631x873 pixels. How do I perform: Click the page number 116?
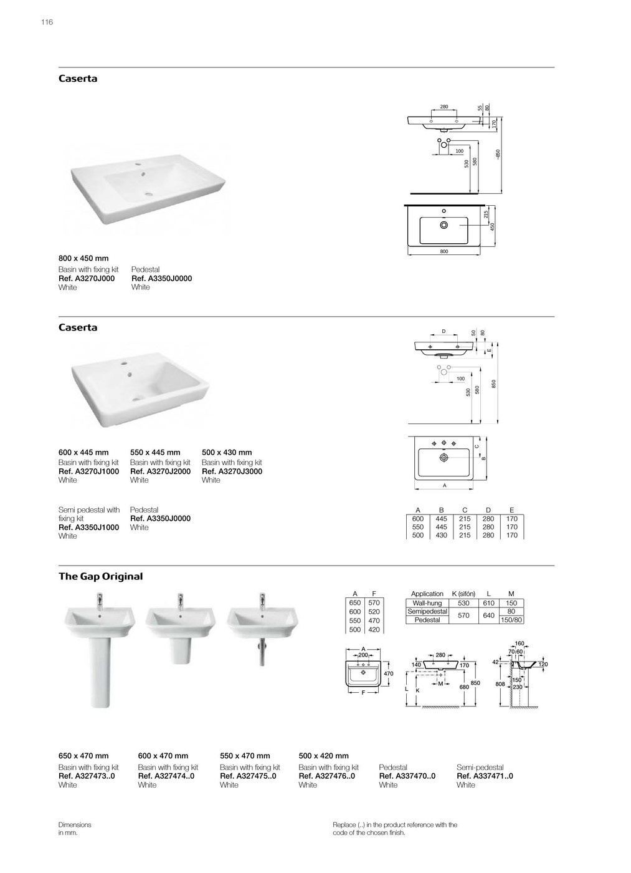tap(47, 22)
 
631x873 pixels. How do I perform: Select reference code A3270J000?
tap(87, 279)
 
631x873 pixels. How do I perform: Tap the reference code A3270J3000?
tap(232, 471)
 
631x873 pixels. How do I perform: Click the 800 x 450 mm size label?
tap(83, 258)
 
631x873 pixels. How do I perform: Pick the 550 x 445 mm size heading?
tap(155, 453)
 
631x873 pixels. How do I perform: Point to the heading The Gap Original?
tap(100, 577)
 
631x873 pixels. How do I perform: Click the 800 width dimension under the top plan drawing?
tap(444, 251)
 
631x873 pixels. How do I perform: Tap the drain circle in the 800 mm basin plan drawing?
tap(444, 224)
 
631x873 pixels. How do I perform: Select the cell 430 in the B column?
tap(441, 536)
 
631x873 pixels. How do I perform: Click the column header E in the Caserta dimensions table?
tap(512, 510)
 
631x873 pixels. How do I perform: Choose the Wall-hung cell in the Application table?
tap(427, 604)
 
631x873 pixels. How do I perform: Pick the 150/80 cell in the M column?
tap(511, 620)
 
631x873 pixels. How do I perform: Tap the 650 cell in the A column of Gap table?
tap(355, 604)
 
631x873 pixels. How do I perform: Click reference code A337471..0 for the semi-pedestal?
tap(485, 776)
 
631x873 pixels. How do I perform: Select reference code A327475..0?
tap(248, 776)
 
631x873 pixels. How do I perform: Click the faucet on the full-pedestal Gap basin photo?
tap(100, 602)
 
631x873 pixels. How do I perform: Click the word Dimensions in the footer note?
tap(75, 825)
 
